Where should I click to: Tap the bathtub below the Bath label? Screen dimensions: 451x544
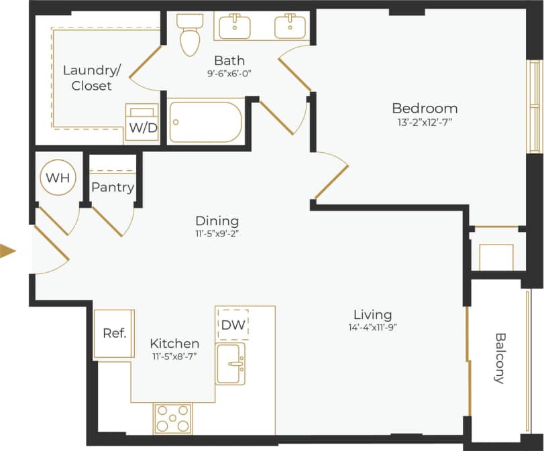tap(205, 121)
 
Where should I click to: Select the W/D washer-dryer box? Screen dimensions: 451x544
tap(142, 123)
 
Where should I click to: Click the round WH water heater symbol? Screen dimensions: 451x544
tap(59, 178)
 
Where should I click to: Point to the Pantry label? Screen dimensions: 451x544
tap(113, 188)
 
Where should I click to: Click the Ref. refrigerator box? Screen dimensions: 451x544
tap(115, 333)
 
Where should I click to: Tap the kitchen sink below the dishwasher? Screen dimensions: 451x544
tap(231, 363)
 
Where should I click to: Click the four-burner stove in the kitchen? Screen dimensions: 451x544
tap(172, 419)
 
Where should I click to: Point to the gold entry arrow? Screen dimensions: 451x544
tap(8, 251)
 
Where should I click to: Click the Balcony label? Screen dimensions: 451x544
tap(500, 358)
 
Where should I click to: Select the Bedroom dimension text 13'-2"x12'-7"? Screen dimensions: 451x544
tap(425, 122)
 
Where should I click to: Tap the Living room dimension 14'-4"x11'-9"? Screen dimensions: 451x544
tap(372, 328)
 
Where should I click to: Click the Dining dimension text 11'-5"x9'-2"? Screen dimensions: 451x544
tap(217, 235)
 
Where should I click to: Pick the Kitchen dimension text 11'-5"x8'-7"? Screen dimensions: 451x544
tap(174, 357)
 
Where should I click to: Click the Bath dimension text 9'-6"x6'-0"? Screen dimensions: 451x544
tap(229, 74)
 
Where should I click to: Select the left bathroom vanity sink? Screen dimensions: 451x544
tap(235, 26)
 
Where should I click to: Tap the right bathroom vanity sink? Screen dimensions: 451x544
tap(290, 26)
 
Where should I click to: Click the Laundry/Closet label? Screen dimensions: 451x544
tap(87, 78)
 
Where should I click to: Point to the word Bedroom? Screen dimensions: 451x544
tap(425, 108)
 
